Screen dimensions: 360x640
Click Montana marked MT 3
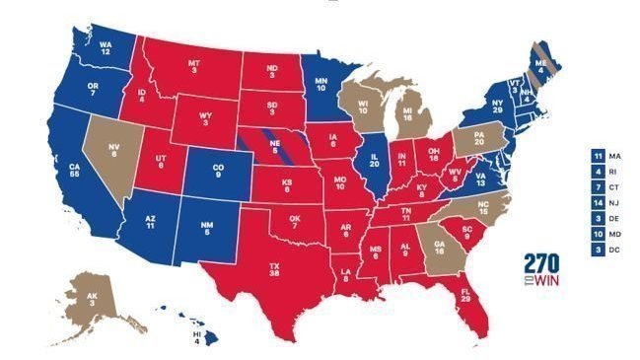pyautogui.click(x=194, y=68)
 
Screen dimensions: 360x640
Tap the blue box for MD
pyautogui.click(x=596, y=235)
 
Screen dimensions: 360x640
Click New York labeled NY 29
pyautogui.click(x=497, y=106)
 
